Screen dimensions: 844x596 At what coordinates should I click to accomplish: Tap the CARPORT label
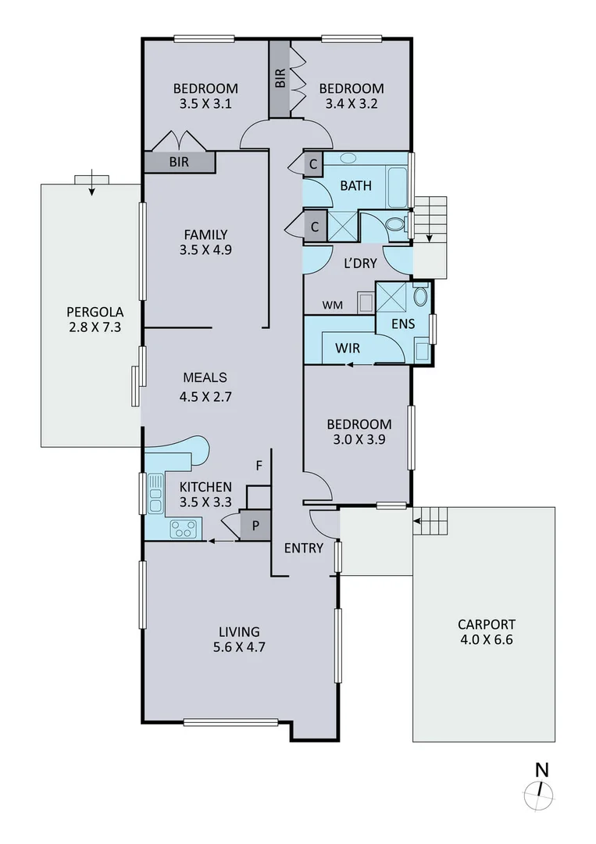click(x=486, y=624)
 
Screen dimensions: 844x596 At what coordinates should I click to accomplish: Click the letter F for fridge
click(x=259, y=467)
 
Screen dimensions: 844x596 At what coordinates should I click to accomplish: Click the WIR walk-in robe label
click(x=347, y=347)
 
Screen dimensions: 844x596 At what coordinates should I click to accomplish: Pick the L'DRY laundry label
click(x=361, y=263)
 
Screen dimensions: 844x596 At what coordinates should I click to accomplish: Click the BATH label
click(x=355, y=186)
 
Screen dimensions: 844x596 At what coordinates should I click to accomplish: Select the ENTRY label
click(x=303, y=548)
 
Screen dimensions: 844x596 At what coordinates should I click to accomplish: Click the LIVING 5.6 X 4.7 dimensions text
click(x=239, y=647)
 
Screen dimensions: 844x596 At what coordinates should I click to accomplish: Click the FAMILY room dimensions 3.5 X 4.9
click(x=205, y=250)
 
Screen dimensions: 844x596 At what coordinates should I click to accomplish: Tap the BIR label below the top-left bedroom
click(x=180, y=163)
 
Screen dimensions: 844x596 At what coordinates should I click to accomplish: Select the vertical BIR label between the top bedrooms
click(x=280, y=78)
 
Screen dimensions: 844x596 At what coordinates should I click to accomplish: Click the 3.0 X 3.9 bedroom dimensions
click(x=359, y=439)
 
